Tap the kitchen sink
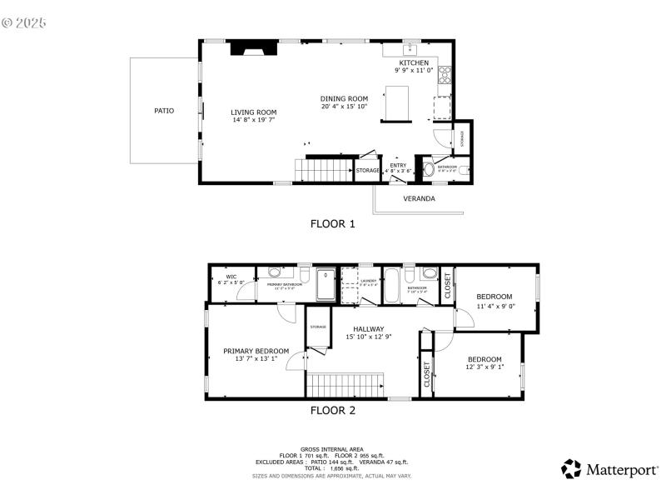411,49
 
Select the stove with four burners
445,74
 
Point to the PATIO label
164,110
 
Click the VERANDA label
419,198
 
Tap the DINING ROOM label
344,98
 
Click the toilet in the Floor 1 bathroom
429,169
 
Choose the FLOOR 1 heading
332,223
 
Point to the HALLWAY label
368,329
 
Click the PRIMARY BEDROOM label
256,351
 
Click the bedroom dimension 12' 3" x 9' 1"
485,367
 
